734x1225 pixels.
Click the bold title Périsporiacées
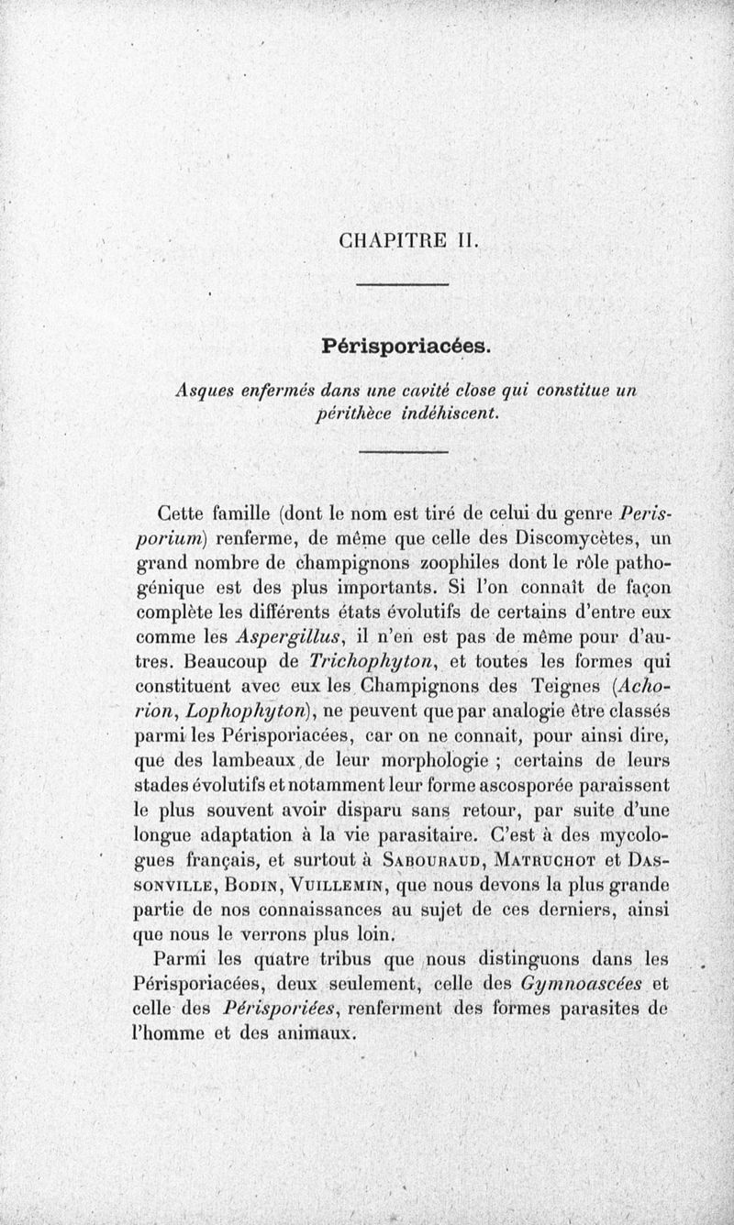coord(407,347)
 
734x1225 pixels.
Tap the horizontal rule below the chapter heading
coord(402,285)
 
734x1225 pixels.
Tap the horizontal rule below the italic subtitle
coord(402,452)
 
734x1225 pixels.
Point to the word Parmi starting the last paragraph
coord(179,959)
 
